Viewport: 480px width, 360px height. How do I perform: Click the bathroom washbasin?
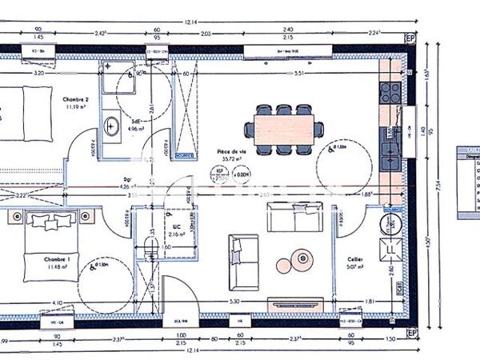point(112,126)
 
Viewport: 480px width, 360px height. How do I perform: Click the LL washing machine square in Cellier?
point(391,250)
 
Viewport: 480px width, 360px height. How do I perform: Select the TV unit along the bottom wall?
point(295,303)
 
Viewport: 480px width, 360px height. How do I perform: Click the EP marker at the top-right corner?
point(410,38)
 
